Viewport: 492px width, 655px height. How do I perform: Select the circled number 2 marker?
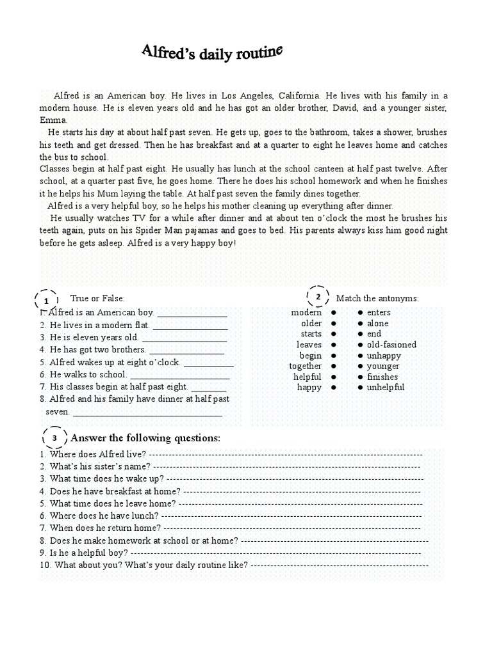coord(318,297)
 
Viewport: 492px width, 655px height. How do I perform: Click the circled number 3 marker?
coord(55,438)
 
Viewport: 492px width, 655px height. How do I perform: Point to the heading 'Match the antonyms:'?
coord(377,298)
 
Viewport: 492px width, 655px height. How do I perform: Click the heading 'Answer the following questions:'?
coord(145,438)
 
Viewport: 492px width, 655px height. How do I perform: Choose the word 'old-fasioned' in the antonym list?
coord(391,345)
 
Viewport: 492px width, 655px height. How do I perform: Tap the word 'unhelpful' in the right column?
coord(386,388)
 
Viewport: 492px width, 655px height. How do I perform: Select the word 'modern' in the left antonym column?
coord(306,313)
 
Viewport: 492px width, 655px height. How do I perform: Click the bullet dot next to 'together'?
coord(334,367)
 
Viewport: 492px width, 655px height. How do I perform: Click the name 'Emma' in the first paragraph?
coord(53,120)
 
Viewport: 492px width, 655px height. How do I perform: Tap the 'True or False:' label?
coord(97,298)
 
